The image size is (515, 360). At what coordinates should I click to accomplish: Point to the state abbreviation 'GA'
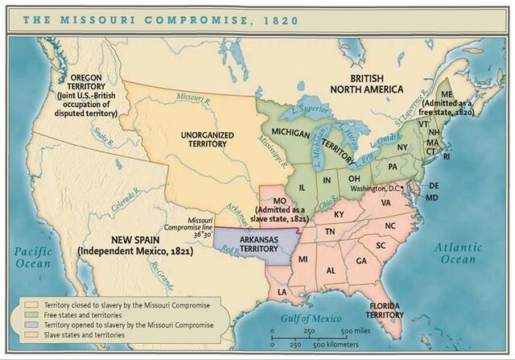(360, 261)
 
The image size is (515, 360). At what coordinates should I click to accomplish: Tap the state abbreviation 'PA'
(393, 166)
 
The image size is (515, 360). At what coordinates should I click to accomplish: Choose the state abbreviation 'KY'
(338, 214)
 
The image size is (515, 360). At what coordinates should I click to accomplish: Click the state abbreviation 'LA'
(282, 291)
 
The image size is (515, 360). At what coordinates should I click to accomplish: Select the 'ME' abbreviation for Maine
(447, 93)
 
